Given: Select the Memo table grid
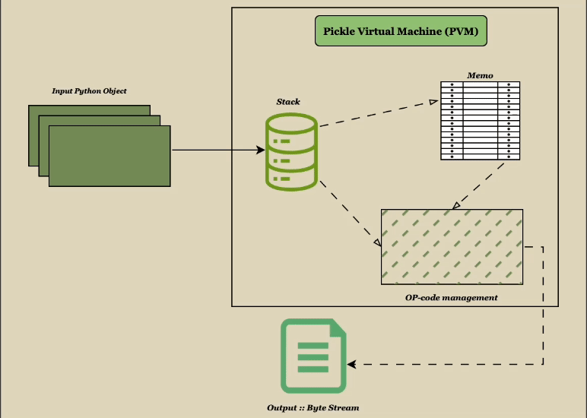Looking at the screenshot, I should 481,120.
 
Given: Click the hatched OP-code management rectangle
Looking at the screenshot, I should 452,246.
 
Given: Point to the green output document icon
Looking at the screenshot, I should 313,356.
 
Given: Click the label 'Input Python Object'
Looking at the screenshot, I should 89,91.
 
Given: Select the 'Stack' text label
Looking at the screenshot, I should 288,102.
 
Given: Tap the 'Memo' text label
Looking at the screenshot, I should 480,75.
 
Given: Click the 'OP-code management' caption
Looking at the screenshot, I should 452,297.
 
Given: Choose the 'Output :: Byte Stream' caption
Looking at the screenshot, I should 313,408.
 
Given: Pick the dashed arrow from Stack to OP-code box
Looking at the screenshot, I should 350,214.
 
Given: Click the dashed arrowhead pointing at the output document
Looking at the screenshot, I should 353,364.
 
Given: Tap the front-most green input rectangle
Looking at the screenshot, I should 109,156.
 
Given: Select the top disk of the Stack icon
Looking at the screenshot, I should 290,127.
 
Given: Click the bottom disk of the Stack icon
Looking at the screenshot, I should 290,177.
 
